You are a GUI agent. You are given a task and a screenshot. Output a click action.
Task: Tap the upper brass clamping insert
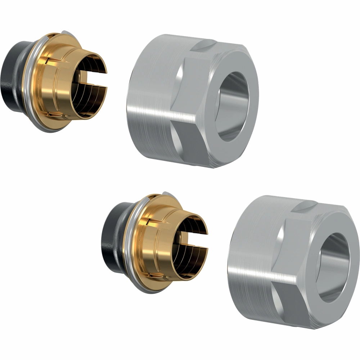click(61, 83)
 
